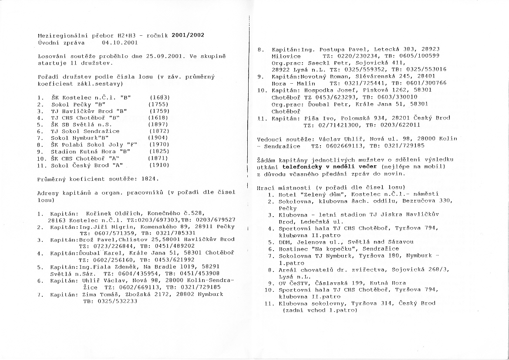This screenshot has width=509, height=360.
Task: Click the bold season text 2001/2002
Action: [x=188, y=36]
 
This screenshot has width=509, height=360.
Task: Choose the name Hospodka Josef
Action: [x=327, y=90]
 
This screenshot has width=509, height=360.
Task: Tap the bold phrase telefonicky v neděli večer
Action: [x=324, y=166]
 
